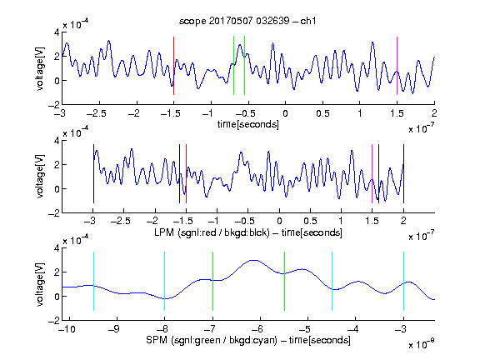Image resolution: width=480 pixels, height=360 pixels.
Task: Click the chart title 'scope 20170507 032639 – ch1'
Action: tap(247, 21)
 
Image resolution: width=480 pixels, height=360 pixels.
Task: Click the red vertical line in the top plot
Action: tap(173, 66)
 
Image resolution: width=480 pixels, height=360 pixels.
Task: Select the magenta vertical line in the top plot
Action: tap(397, 66)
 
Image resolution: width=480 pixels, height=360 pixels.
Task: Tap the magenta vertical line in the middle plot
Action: tap(372, 173)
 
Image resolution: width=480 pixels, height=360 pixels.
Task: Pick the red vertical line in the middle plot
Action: tap(186, 173)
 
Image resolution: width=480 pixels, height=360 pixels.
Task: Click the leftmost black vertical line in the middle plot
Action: tap(93, 173)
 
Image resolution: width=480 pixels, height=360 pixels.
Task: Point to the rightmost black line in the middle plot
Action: tap(404, 173)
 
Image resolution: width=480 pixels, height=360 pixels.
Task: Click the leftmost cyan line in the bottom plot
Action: tap(93, 281)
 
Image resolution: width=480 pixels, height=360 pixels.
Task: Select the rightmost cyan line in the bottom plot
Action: tap(404, 281)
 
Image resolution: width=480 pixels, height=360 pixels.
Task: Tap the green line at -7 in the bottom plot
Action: tap(212, 281)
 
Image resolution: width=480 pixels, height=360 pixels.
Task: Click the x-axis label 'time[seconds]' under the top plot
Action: tap(248, 124)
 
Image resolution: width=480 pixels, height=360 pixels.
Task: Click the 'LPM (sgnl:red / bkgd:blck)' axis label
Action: tap(212, 232)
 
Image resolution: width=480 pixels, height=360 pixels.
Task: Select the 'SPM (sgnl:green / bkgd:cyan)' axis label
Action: tap(212, 340)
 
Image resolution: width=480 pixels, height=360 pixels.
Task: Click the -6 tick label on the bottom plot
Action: tap(257, 329)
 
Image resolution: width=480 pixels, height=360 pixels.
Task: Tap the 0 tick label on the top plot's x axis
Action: tap(285, 113)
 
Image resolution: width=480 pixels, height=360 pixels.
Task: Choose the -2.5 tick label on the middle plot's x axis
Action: tap(121, 221)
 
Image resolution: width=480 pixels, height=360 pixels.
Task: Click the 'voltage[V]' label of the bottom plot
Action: tap(40, 284)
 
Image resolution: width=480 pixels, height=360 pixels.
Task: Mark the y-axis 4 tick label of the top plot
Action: tap(57, 32)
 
